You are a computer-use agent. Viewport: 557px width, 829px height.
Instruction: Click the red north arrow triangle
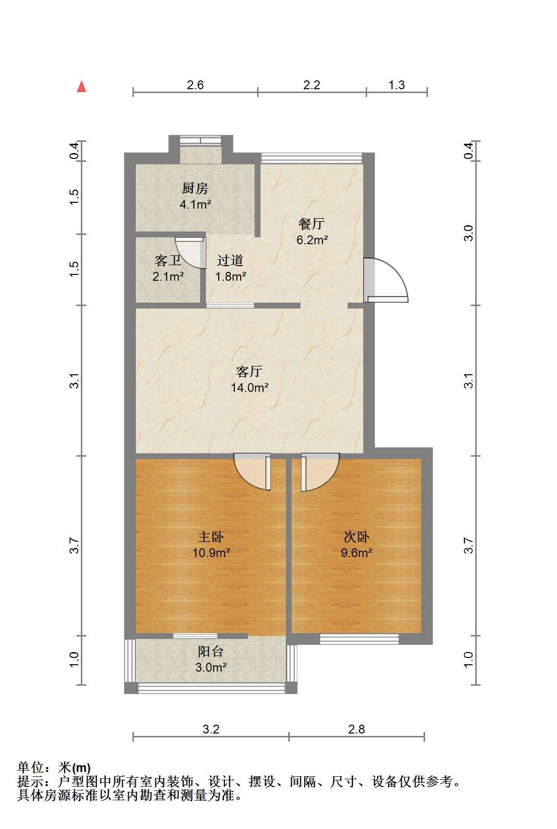[81, 87]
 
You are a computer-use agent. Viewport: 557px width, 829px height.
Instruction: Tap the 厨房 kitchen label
[195, 189]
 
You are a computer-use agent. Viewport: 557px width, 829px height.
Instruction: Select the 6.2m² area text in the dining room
[312, 240]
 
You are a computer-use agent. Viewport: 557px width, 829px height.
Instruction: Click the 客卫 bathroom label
[168, 261]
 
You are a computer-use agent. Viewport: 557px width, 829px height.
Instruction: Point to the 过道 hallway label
[230, 261]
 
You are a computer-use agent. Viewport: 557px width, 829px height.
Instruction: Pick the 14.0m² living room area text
[249, 387]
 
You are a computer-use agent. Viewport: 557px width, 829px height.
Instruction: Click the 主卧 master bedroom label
[211, 537]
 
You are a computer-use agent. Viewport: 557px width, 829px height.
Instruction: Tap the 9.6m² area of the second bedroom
[356, 553]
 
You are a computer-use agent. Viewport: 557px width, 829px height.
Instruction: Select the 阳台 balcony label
[211, 651]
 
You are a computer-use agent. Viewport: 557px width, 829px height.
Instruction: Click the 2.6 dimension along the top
[195, 85]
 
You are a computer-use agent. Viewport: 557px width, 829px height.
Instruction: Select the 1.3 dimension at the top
[397, 85]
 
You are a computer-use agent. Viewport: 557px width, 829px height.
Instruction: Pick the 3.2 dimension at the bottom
[211, 729]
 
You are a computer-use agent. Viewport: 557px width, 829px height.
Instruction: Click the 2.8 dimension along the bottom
[356, 729]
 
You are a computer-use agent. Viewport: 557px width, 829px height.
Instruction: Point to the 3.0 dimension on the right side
[468, 233]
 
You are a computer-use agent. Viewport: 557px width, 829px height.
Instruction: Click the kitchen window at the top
[201, 140]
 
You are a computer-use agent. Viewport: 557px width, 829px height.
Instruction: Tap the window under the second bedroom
[359, 639]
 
